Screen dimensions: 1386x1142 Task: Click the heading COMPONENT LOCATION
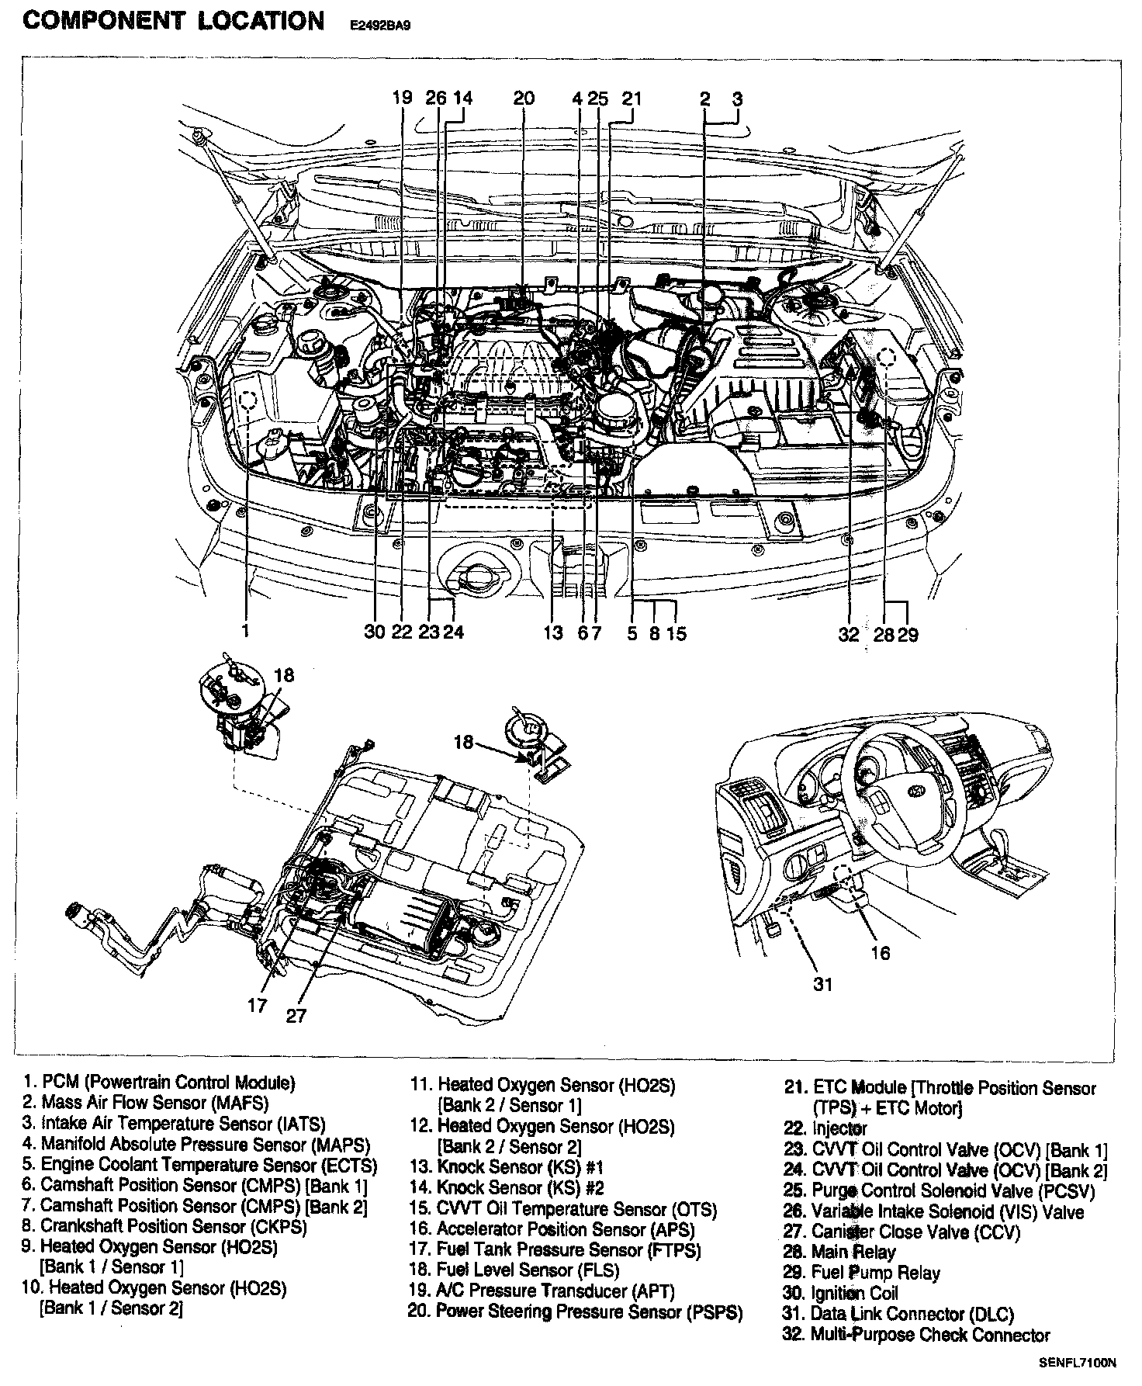(174, 20)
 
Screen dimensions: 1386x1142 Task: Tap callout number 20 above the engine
(524, 99)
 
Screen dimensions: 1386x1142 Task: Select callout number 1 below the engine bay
(245, 632)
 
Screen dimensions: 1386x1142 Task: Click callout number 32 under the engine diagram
(849, 634)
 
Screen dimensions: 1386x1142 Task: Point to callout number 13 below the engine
(552, 633)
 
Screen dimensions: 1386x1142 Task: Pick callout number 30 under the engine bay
(375, 632)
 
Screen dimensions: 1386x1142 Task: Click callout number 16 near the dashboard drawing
(880, 952)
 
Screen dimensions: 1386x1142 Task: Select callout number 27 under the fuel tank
(296, 1015)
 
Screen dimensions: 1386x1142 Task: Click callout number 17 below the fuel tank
(258, 1006)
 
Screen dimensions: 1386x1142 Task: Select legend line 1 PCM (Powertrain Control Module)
(159, 1082)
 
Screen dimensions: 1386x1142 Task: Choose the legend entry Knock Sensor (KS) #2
(508, 1187)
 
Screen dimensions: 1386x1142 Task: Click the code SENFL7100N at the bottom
(1077, 1360)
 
